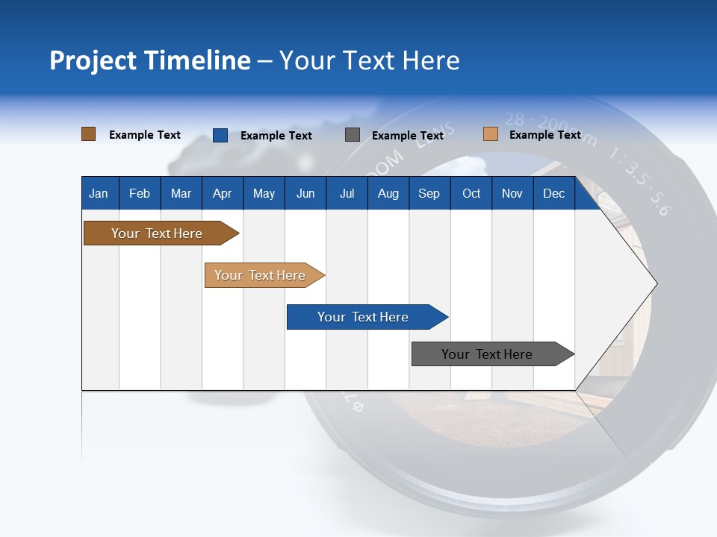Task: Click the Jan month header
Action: tap(99, 193)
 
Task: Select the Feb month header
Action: tap(140, 193)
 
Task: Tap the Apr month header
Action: tap(222, 193)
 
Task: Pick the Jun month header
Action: tap(305, 193)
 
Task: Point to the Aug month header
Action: tap(388, 193)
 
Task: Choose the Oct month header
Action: tap(471, 193)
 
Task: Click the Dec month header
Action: tap(553, 193)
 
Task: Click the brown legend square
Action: tap(88, 134)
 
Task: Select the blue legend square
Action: tap(220, 135)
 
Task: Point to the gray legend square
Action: tap(353, 135)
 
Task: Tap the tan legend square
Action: tap(490, 134)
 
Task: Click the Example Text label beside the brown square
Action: tap(145, 135)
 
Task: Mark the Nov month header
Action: tap(512, 193)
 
